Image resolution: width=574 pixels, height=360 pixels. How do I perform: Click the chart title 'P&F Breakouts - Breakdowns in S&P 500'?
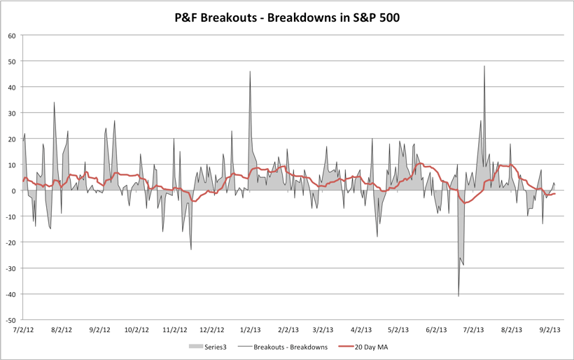click(x=287, y=17)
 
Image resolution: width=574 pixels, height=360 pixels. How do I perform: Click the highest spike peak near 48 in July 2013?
click(x=484, y=67)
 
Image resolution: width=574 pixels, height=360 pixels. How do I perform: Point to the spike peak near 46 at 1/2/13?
click(x=250, y=71)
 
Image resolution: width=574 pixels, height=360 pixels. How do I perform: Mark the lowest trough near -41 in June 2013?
click(x=458, y=296)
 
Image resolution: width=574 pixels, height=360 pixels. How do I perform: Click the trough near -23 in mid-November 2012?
click(x=191, y=249)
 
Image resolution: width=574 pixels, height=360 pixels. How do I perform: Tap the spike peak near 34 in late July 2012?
click(x=54, y=102)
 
